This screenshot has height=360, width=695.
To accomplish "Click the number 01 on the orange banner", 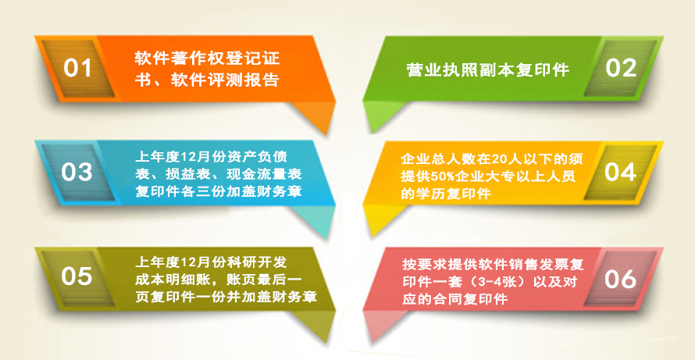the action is [77, 68].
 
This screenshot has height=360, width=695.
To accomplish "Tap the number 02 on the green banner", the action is [621, 68].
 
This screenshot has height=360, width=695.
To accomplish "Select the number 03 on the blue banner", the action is [77, 173].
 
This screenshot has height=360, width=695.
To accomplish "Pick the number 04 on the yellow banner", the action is [621, 172].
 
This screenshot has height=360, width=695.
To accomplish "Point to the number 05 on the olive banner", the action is [77, 276].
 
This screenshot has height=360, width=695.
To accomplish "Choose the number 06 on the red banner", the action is [621, 280].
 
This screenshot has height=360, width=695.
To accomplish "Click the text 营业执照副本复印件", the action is [487, 70].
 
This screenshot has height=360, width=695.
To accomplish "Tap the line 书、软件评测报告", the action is [207, 80].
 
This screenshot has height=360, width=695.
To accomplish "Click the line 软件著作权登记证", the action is [208, 59].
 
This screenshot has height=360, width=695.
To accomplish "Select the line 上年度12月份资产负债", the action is [212, 157].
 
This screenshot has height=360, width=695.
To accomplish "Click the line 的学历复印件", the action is [446, 194].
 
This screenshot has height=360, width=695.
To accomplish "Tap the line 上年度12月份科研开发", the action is [211, 262].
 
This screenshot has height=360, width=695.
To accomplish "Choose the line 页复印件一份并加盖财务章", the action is [226, 297].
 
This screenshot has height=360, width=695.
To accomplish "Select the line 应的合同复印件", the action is [454, 299].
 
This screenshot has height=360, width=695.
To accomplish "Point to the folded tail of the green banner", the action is [382, 116].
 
